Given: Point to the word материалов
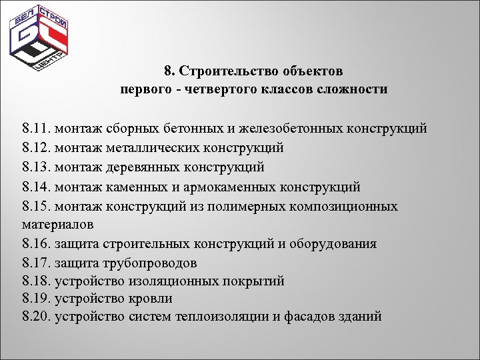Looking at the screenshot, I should click(57, 224).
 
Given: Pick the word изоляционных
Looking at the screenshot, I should click(157, 281).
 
